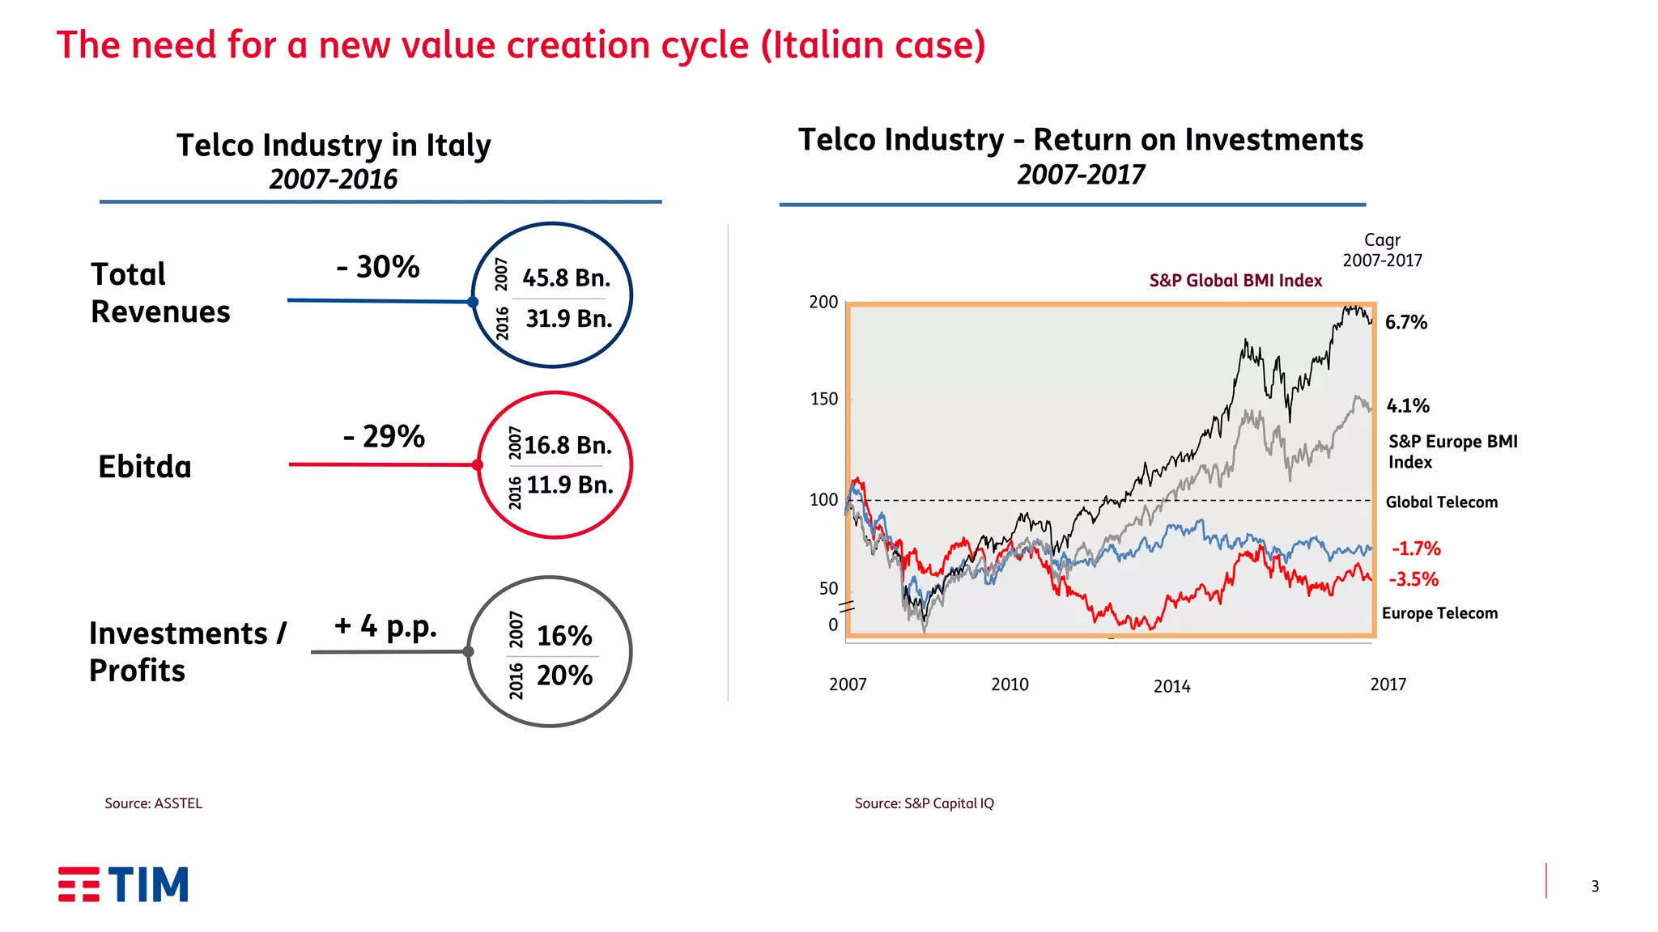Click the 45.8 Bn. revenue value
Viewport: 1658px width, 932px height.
566,278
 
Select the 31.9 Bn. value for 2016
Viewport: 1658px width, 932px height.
568,319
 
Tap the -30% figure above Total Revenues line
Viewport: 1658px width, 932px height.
378,267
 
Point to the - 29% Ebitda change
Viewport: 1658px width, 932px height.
384,437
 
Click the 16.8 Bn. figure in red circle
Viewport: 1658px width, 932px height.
568,446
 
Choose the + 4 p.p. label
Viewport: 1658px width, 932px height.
385,626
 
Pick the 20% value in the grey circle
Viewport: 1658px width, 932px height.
564,676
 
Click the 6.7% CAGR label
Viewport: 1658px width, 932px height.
1405,323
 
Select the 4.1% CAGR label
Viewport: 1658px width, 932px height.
1408,406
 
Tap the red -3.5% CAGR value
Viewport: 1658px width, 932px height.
1414,579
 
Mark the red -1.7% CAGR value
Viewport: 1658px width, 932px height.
1416,549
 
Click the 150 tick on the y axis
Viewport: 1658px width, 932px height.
824,399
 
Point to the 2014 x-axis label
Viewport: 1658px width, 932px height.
1171,687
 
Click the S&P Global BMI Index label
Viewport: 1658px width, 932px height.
1235,281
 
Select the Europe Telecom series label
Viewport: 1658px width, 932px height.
1439,613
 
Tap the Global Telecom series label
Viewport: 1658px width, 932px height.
1441,502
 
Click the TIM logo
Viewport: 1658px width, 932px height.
123,884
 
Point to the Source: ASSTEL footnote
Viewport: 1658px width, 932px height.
153,803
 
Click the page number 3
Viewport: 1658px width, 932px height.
1594,887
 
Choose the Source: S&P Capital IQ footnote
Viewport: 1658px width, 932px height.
924,803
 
